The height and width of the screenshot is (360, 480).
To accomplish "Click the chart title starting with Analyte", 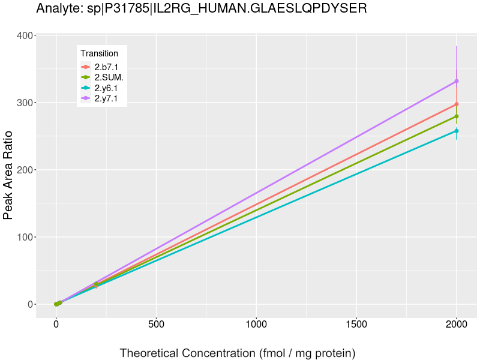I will pyautogui.click(x=201, y=8).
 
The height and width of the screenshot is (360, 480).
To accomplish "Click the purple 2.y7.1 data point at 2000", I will pyautogui.click(x=457, y=81).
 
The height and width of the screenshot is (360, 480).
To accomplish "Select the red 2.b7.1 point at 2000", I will pyautogui.click(x=457, y=104).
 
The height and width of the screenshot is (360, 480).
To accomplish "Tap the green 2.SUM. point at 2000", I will pyautogui.click(x=457, y=116).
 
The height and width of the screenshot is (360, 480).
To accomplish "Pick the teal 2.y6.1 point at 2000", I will pyautogui.click(x=457, y=131).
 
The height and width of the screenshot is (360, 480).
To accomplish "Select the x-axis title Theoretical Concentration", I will pyautogui.click(x=238, y=353).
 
